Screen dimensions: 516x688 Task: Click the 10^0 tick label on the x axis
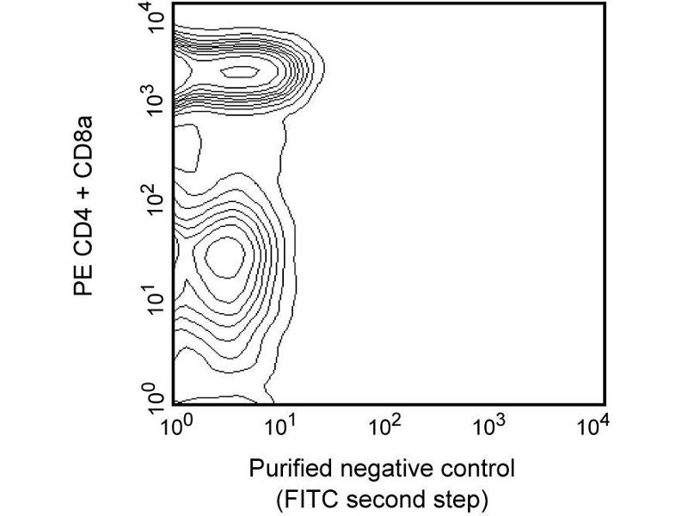pos(175,426)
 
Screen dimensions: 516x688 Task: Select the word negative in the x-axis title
pos(378,470)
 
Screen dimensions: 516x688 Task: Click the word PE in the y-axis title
pos(83,283)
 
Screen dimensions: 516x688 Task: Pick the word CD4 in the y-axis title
pos(83,234)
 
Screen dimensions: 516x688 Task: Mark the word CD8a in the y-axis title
pos(83,144)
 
